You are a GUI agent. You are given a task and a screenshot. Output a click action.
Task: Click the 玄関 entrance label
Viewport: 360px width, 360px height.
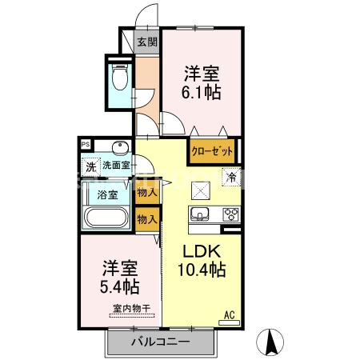pos(146,43)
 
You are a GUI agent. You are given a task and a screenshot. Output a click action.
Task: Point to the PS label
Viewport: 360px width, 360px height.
pos(86,144)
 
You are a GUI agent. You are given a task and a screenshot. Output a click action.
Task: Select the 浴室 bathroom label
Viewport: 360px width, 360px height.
pos(109,194)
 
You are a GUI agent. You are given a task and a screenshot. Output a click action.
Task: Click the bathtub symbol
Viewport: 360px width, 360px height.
pos(106,218)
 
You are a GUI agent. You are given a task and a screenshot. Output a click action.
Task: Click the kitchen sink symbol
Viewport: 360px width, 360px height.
pos(199,213)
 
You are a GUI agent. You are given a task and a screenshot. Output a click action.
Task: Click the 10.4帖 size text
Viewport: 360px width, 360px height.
pos(201,269)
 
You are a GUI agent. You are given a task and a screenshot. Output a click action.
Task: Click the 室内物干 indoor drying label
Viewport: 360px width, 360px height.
pos(124,308)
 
